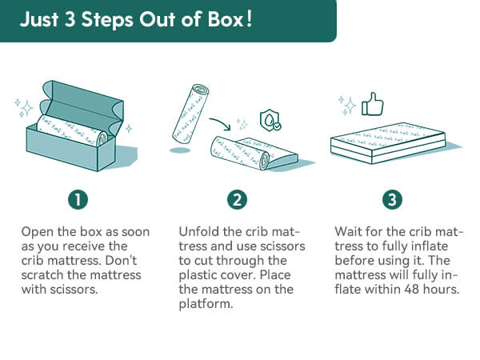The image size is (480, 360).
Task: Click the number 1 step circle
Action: pos(78,199)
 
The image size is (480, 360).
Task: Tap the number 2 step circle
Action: pos(237,199)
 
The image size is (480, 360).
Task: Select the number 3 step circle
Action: pos(392,199)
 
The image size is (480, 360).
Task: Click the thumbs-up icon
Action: pos(372,105)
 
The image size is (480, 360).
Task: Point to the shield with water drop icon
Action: pos(270,120)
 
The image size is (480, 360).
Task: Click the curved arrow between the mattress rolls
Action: pos(220,123)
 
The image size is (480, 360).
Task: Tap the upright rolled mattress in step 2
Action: pos(190,114)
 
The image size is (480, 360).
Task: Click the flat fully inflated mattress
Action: pos(387,142)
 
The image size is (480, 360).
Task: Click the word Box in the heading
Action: pos(226,19)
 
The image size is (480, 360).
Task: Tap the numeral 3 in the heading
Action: pos(70,19)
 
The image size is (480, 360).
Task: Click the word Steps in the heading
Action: pos(107,20)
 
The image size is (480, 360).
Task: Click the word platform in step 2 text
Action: pos(206,304)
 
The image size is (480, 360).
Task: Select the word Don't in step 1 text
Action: pos(122,261)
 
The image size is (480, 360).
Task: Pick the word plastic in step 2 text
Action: pos(198,275)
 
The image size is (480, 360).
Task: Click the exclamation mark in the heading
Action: pos(249,19)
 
